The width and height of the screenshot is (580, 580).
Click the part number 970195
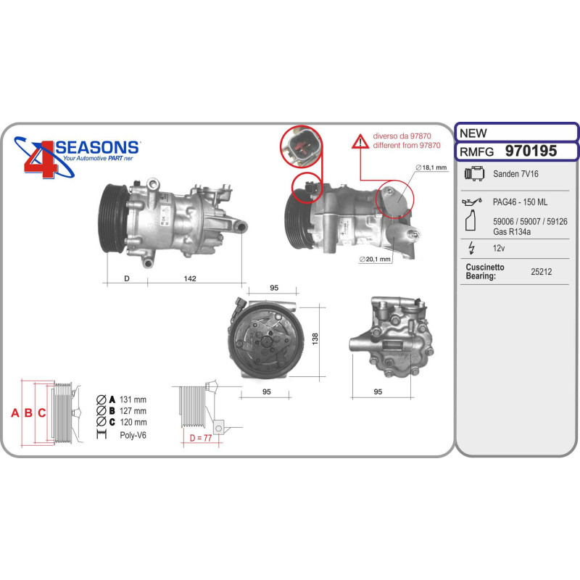click(x=531, y=151)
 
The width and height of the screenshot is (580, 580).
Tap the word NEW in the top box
click(x=473, y=133)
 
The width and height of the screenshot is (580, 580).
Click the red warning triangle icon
click(x=360, y=142)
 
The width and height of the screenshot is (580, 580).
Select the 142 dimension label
click(x=190, y=278)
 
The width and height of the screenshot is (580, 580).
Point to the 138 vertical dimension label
click(x=315, y=339)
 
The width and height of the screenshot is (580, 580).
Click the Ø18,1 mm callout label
click(x=431, y=167)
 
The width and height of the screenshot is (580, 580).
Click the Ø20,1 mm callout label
click(x=375, y=260)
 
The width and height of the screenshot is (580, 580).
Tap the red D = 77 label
click(x=201, y=438)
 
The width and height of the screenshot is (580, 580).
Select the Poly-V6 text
click(x=133, y=435)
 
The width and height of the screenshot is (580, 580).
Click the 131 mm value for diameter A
click(x=133, y=399)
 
